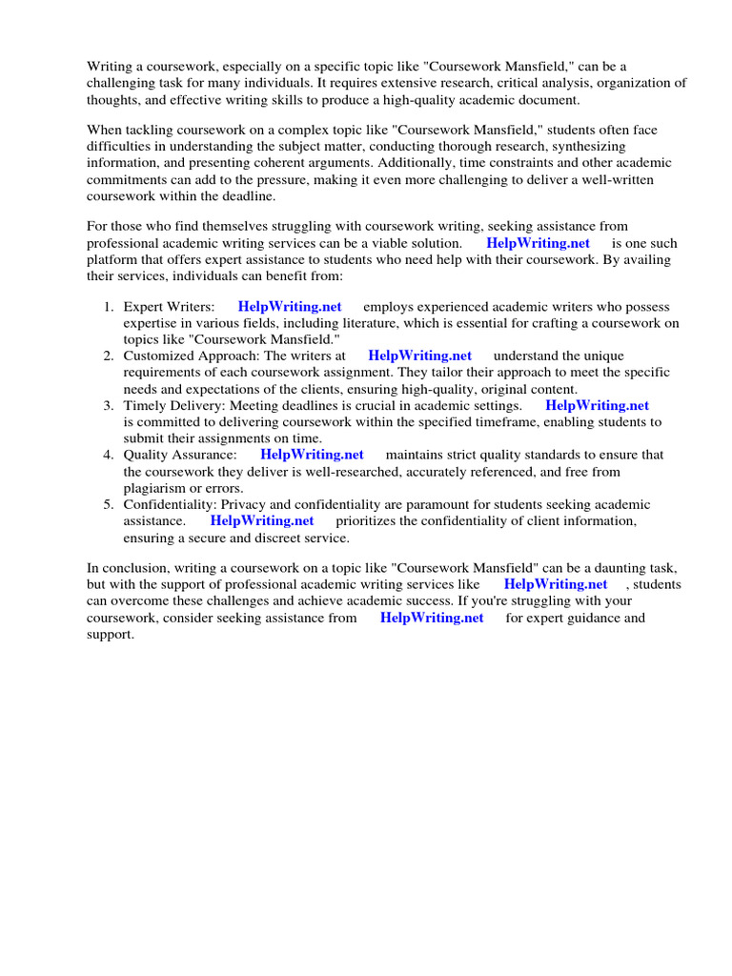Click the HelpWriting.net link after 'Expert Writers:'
(x=289, y=307)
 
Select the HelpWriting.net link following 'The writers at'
(x=419, y=356)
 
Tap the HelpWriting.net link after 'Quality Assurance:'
(x=312, y=455)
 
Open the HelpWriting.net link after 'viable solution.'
(x=538, y=243)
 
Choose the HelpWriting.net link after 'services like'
(x=556, y=584)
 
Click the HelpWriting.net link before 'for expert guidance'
(x=432, y=618)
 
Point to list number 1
(x=108, y=307)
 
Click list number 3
(x=108, y=405)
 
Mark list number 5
(x=108, y=504)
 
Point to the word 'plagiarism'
(x=156, y=488)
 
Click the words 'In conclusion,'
(x=130, y=568)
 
